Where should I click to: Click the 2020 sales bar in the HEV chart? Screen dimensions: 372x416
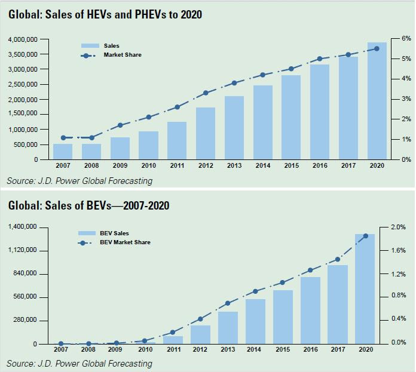pyautogui.click(x=377, y=102)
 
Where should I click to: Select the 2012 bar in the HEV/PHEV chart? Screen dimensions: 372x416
pyautogui.click(x=206, y=134)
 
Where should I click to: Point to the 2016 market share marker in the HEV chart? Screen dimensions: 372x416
pyautogui.click(x=320, y=59)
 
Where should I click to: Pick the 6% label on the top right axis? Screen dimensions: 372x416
pyautogui.click(x=406, y=38)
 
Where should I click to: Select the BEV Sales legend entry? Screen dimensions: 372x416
pyautogui.click(x=118, y=233)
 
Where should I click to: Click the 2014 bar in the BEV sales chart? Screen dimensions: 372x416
pyautogui.click(x=255, y=321)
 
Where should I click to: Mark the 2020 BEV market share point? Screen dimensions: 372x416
pyautogui.click(x=366, y=236)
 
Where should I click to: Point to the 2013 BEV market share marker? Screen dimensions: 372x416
pyautogui.click(x=227, y=303)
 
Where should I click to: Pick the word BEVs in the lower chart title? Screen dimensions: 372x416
pyautogui.click(x=78, y=206)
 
